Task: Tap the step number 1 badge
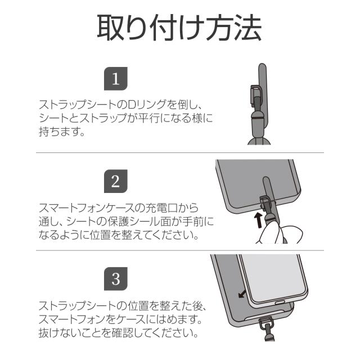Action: [x=116, y=79]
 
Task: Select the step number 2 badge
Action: [x=116, y=181]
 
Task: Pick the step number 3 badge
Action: [x=116, y=278]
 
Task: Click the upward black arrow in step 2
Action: [x=258, y=219]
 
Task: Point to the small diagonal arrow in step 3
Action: [x=242, y=295]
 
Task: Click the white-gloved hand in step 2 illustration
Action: [x=275, y=230]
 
